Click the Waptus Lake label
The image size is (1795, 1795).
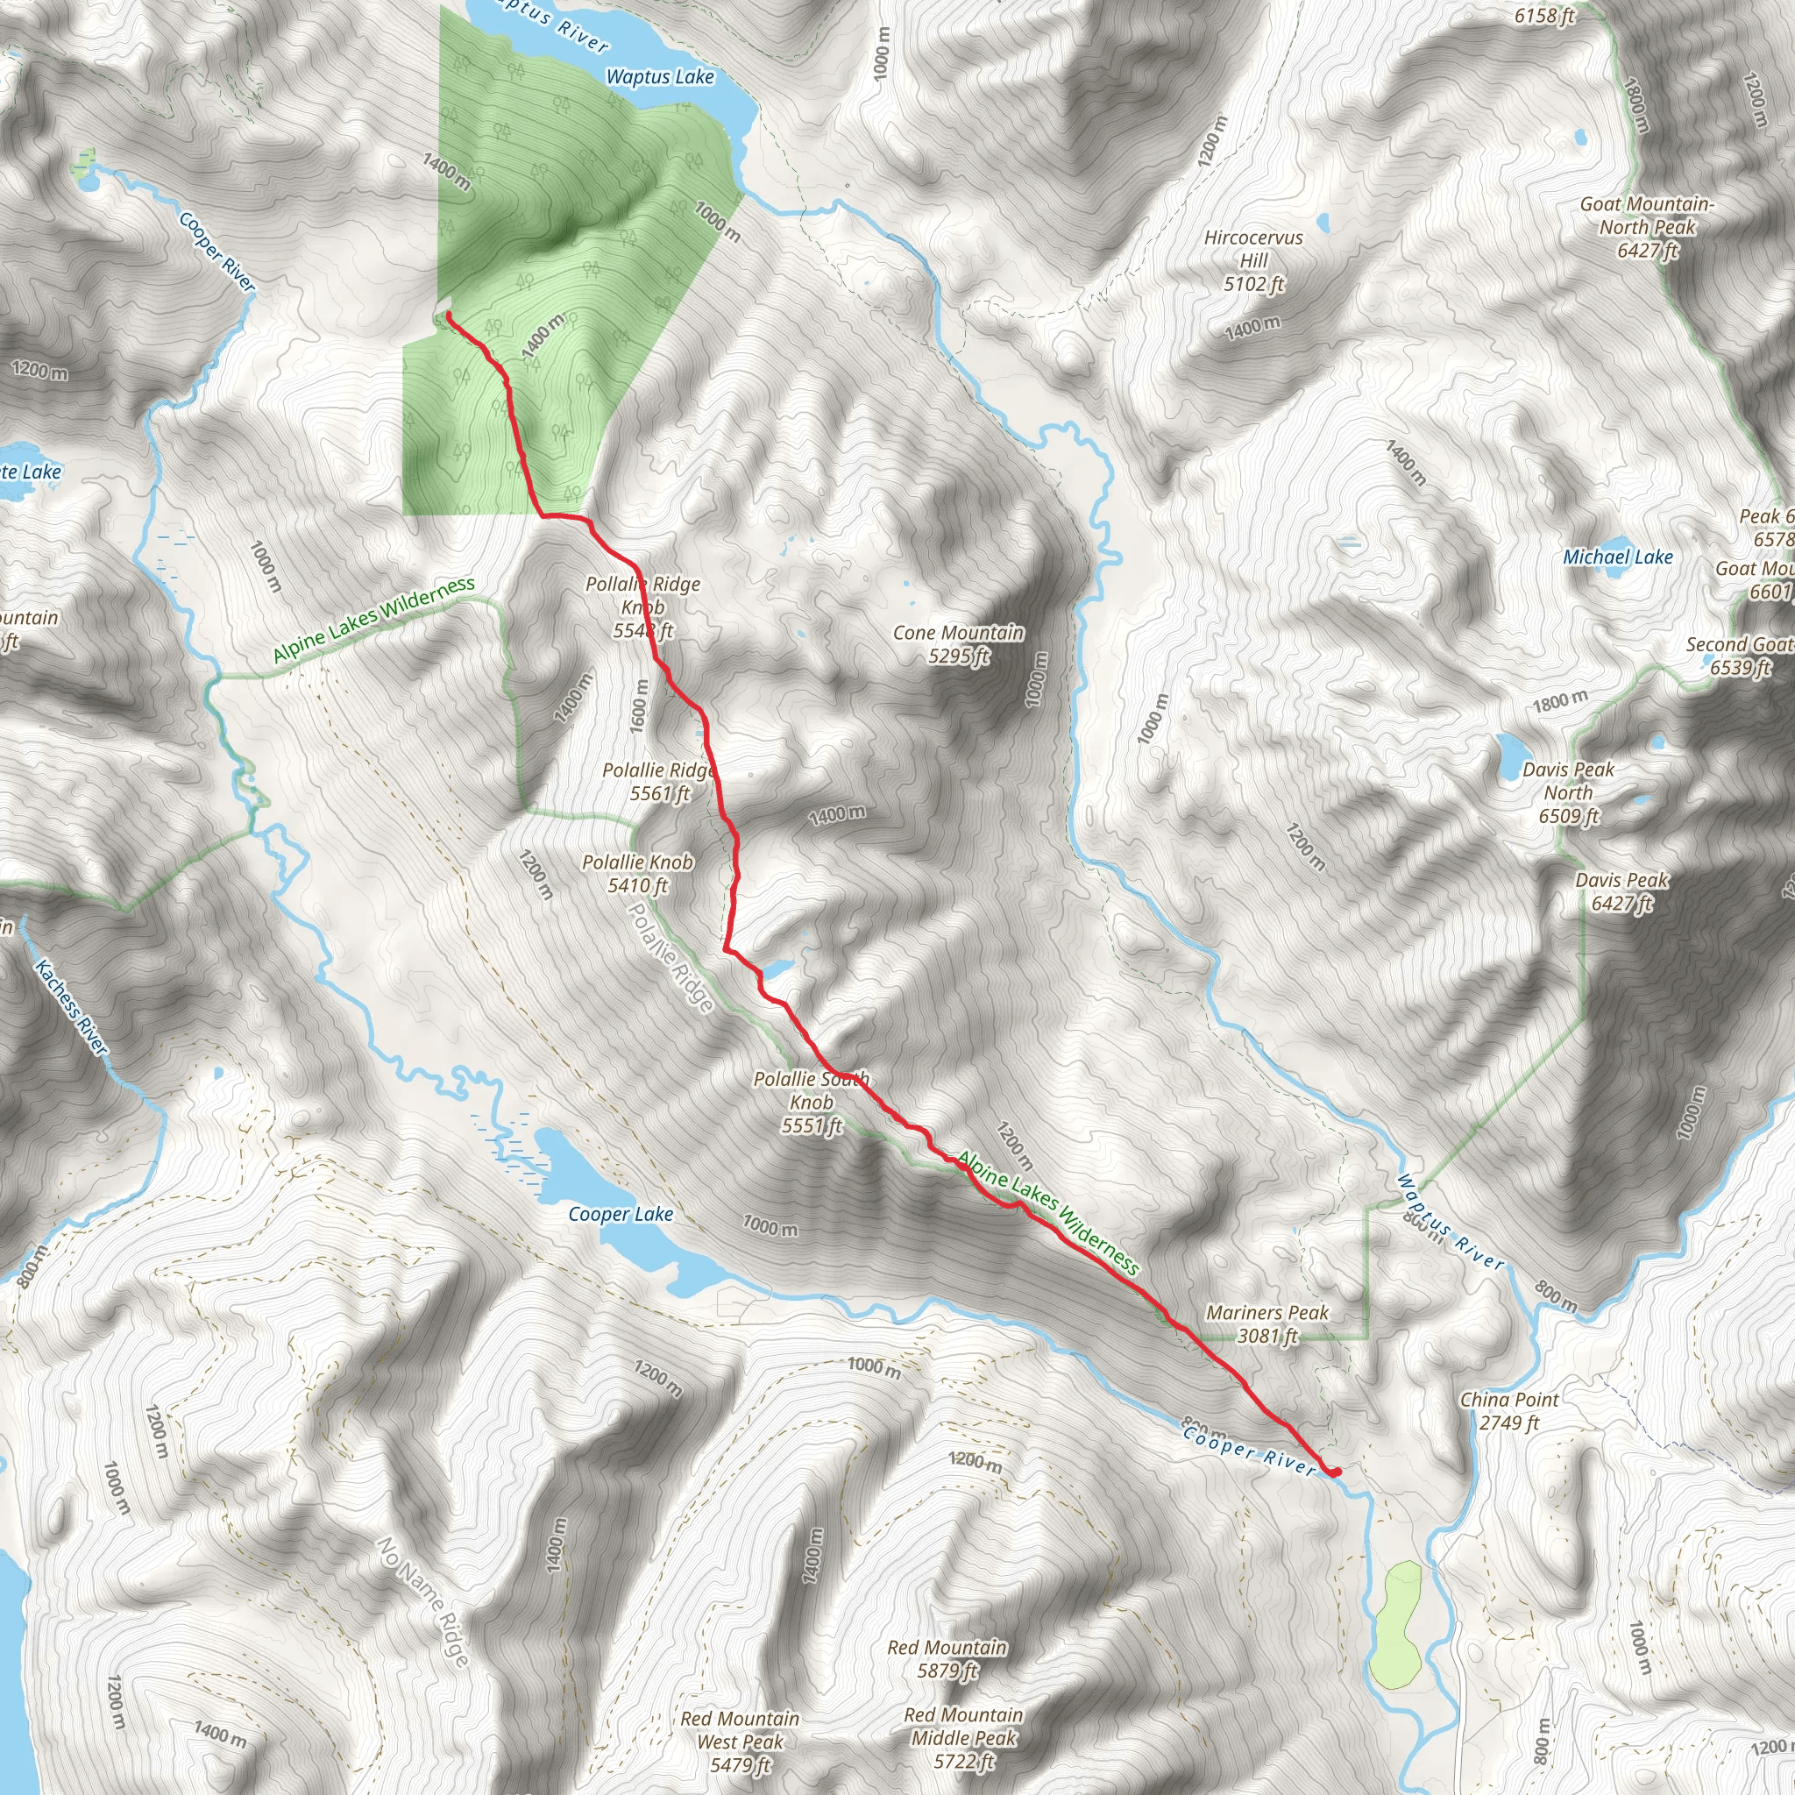[660, 77]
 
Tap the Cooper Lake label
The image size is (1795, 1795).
[621, 1213]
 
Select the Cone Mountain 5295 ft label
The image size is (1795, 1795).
[958, 644]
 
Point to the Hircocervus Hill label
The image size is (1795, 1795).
[1253, 261]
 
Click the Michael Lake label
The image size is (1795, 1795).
[1618, 557]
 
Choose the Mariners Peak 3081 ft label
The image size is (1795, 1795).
[1267, 1324]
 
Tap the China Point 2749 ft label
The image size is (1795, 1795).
[1509, 1410]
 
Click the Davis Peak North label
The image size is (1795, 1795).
[1568, 792]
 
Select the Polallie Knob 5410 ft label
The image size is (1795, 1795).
[638, 873]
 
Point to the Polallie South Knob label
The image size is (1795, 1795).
[811, 1102]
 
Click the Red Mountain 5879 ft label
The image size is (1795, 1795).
[947, 1658]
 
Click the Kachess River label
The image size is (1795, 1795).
[71, 1007]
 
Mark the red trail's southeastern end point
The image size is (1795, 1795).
[1335, 1472]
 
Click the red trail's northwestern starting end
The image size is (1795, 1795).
[448, 316]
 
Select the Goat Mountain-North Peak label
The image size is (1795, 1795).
[1647, 227]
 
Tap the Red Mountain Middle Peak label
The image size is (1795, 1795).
[963, 1737]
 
